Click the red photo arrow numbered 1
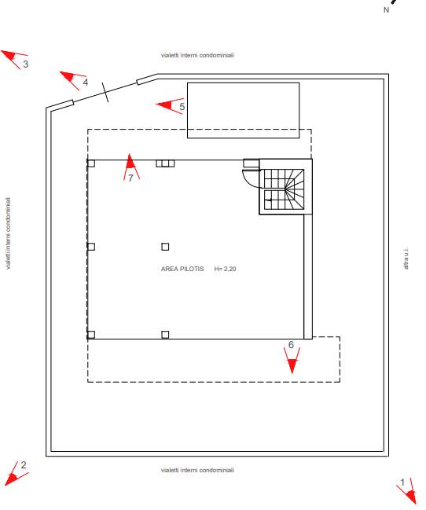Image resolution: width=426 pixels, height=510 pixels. click(409, 493)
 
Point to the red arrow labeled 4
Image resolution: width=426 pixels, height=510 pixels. click(72, 79)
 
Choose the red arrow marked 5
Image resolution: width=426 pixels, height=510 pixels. click(169, 105)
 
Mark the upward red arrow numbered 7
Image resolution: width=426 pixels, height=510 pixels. click(130, 166)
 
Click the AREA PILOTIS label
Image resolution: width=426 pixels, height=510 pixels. click(182, 269)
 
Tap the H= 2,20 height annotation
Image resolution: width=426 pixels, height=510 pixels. click(226, 269)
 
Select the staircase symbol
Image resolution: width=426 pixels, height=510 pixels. click(284, 189)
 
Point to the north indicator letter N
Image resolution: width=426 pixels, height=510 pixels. click(386, 10)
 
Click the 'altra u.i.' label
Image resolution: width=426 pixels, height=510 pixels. click(406, 259)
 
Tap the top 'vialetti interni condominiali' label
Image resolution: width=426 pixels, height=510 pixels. click(197, 55)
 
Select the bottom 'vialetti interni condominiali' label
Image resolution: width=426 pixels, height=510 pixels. click(197, 470)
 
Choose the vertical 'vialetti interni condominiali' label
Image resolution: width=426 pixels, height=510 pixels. click(8, 233)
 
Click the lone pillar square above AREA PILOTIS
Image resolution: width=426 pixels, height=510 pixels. click(165, 247)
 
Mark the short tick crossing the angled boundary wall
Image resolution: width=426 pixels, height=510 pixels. click(105, 92)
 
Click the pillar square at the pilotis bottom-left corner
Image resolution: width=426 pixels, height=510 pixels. click(91, 335)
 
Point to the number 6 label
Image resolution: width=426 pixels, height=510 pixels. click(291, 345)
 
